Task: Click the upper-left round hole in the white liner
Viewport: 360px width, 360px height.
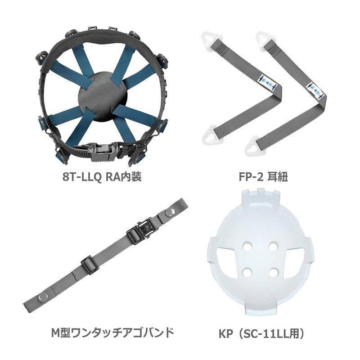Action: click(247, 247)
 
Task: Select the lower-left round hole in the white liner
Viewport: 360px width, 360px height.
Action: click(247, 272)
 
